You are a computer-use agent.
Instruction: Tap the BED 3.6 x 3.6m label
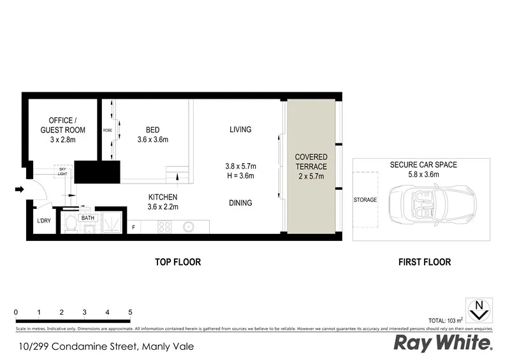pos(152,134)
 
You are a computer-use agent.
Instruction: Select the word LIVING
pos(240,129)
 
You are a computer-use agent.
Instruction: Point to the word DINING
pos(240,203)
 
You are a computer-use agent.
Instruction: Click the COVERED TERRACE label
pos(311,166)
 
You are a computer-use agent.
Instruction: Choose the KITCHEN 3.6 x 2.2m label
pos(163,201)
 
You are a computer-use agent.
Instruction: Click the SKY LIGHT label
pos(62,171)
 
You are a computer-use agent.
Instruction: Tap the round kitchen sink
pos(189,226)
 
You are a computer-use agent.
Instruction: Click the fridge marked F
pos(134,227)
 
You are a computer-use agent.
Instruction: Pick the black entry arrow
pos(19,189)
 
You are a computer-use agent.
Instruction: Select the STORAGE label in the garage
pos(365,199)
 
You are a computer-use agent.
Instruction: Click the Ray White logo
pos(443,343)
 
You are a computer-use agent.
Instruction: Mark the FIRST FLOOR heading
pos(424,262)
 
